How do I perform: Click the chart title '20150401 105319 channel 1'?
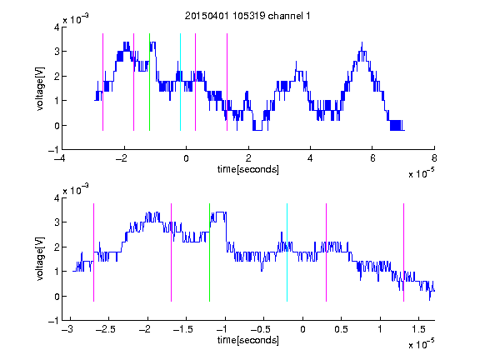(x=247, y=16)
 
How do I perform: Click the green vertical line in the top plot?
(x=149, y=82)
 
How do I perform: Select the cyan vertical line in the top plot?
(x=180, y=82)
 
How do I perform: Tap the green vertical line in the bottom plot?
(x=209, y=252)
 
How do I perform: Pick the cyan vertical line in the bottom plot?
(x=287, y=252)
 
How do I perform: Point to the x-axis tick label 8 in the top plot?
(x=434, y=158)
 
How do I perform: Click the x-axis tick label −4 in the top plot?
(x=60, y=158)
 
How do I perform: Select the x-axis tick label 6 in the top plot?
(x=372, y=158)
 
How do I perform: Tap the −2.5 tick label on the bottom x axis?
(x=105, y=329)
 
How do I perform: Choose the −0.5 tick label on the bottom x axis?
(x=260, y=329)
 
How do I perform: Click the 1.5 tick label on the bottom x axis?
(x=418, y=329)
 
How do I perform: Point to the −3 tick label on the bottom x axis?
(x=67, y=329)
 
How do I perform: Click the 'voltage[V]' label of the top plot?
(x=40, y=88)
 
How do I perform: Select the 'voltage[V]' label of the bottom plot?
(x=40, y=259)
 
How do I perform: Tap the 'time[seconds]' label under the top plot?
(x=248, y=169)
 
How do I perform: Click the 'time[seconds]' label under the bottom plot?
(x=248, y=340)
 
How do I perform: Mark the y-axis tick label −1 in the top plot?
(x=53, y=150)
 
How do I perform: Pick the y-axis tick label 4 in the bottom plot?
(x=57, y=198)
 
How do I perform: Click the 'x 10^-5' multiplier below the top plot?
(x=421, y=173)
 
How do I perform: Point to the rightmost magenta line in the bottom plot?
(x=403, y=252)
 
